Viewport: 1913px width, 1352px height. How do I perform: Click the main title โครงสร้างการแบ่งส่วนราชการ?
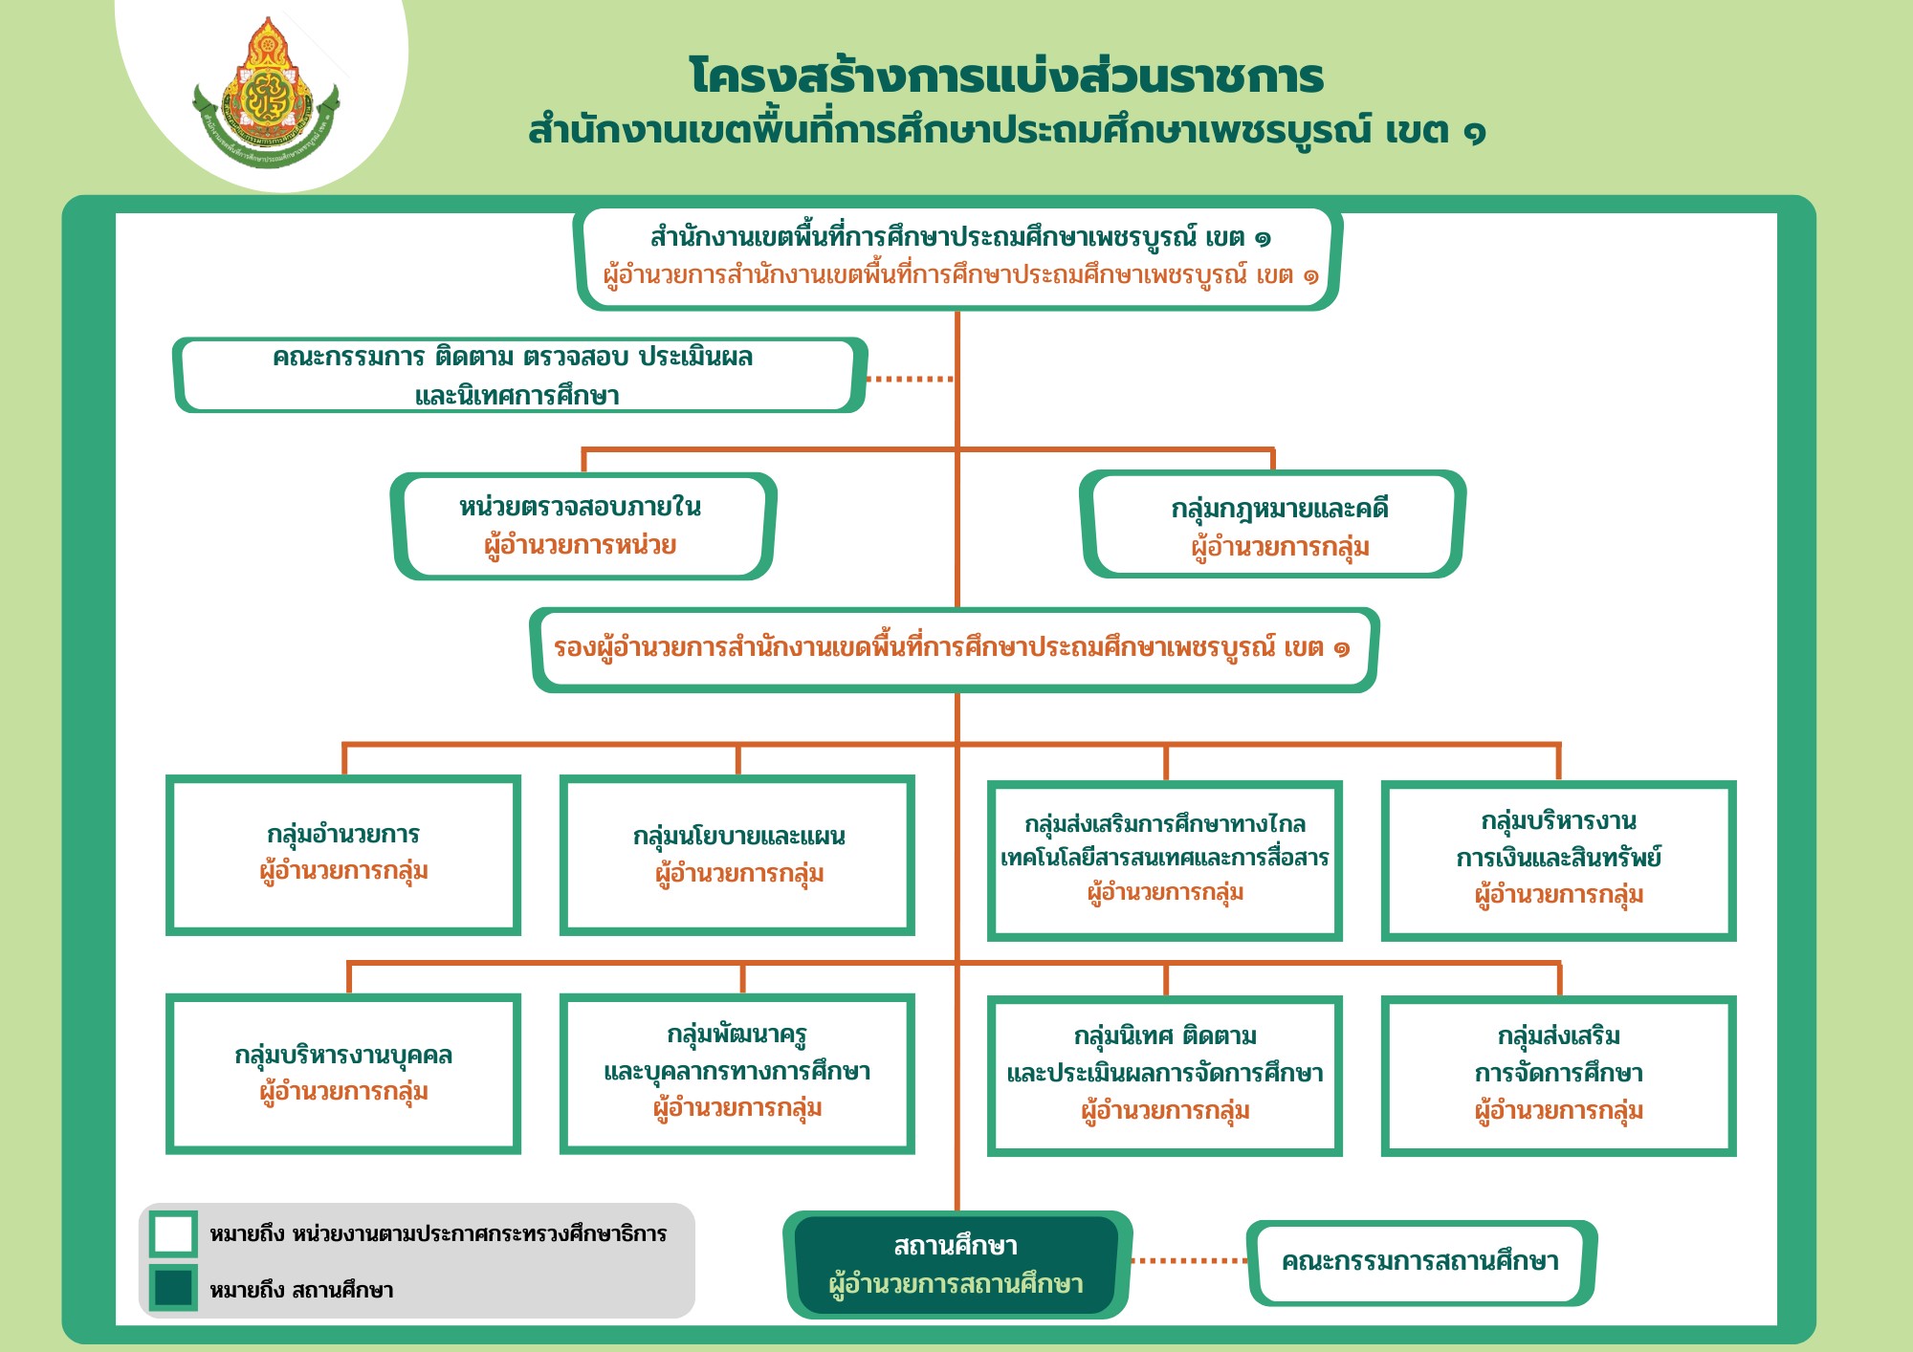(x=1006, y=76)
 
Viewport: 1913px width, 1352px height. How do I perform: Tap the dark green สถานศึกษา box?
(x=957, y=1265)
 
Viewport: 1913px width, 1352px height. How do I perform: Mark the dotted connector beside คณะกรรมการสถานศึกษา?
(x=1190, y=1261)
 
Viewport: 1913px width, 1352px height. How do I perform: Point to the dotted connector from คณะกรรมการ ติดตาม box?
(x=910, y=379)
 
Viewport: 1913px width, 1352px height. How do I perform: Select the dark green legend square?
(x=173, y=1287)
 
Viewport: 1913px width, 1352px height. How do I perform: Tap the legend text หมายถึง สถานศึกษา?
(x=301, y=1290)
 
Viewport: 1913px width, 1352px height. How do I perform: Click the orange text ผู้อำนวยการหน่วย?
(x=580, y=546)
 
